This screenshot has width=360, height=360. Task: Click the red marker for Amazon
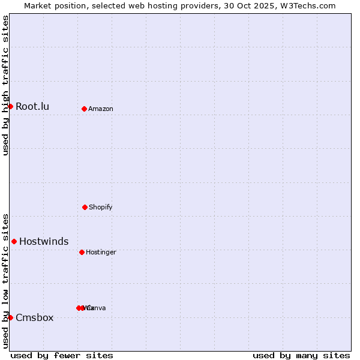[85, 109]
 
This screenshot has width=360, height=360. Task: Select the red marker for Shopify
[85, 207]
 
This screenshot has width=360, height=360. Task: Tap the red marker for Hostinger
[82, 252]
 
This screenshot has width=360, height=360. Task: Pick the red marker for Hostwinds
[14, 241]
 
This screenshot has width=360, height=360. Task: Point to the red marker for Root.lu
[10, 106]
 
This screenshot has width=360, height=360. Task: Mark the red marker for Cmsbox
[10, 317]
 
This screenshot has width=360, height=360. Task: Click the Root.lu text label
[32, 107]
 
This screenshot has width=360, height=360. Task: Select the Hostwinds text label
[44, 242]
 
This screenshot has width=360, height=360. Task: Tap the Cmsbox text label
[35, 318]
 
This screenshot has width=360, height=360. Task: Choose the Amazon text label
[101, 109]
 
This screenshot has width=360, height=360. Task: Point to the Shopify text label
[101, 208]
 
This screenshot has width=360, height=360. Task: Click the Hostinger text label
[101, 253]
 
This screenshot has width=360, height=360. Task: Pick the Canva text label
[97, 308]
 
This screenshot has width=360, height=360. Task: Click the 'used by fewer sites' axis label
[62, 355]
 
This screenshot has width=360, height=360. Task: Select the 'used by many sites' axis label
[301, 355]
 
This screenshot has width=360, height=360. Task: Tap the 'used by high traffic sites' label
[5, 85]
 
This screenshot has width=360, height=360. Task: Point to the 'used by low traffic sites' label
[5, 281]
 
